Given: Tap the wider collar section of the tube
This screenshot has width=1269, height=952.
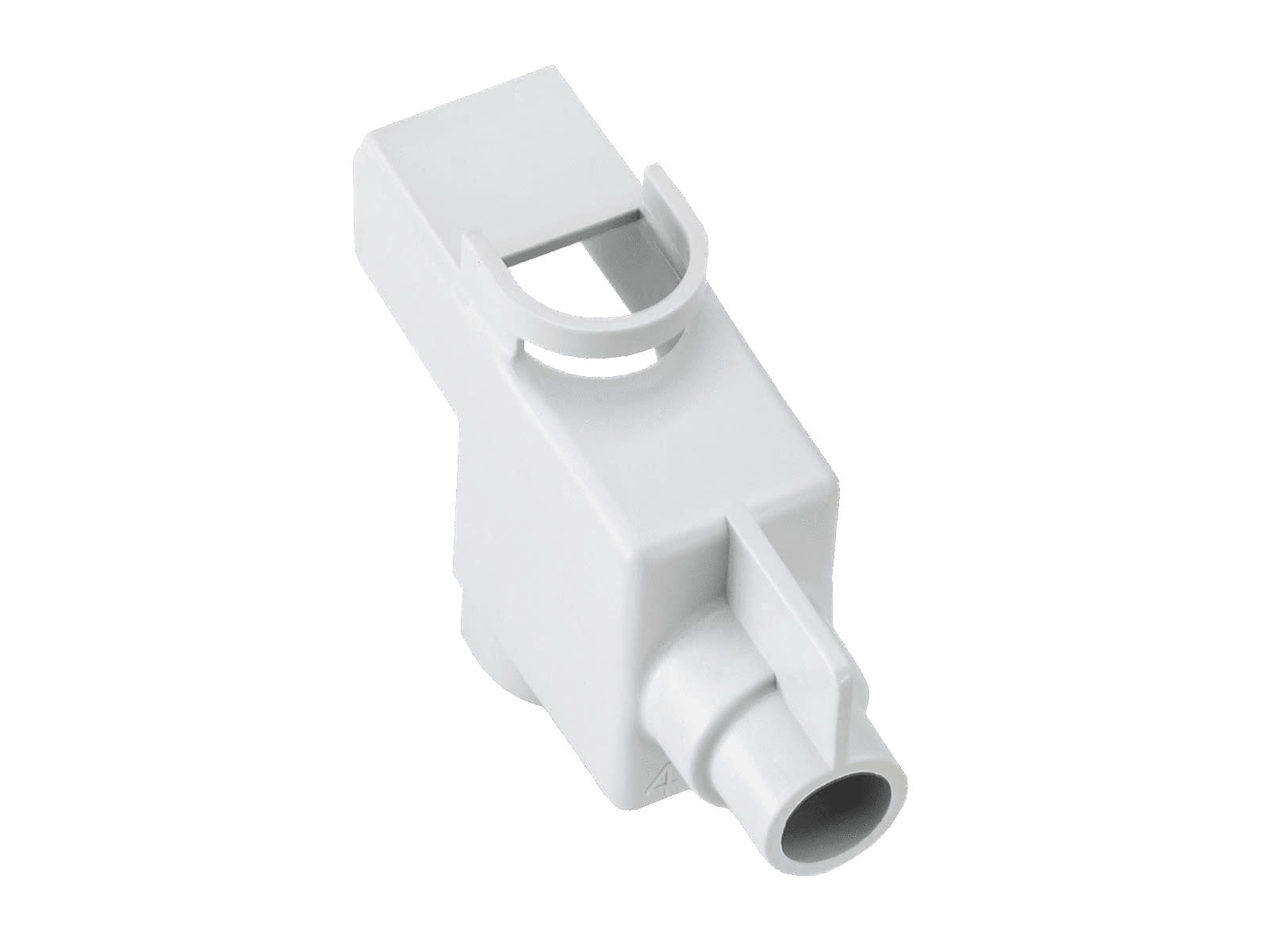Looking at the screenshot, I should coord(706,706).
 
